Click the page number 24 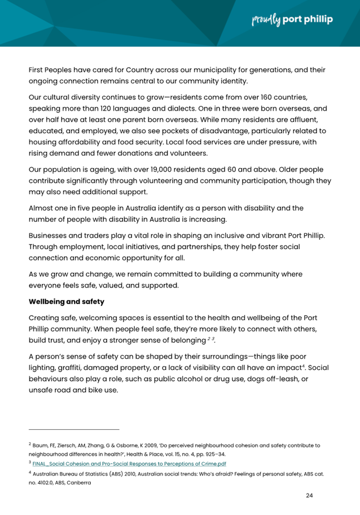click(309, 495)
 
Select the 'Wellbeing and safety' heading click(66, 302)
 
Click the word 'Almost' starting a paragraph click(43, 207)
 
